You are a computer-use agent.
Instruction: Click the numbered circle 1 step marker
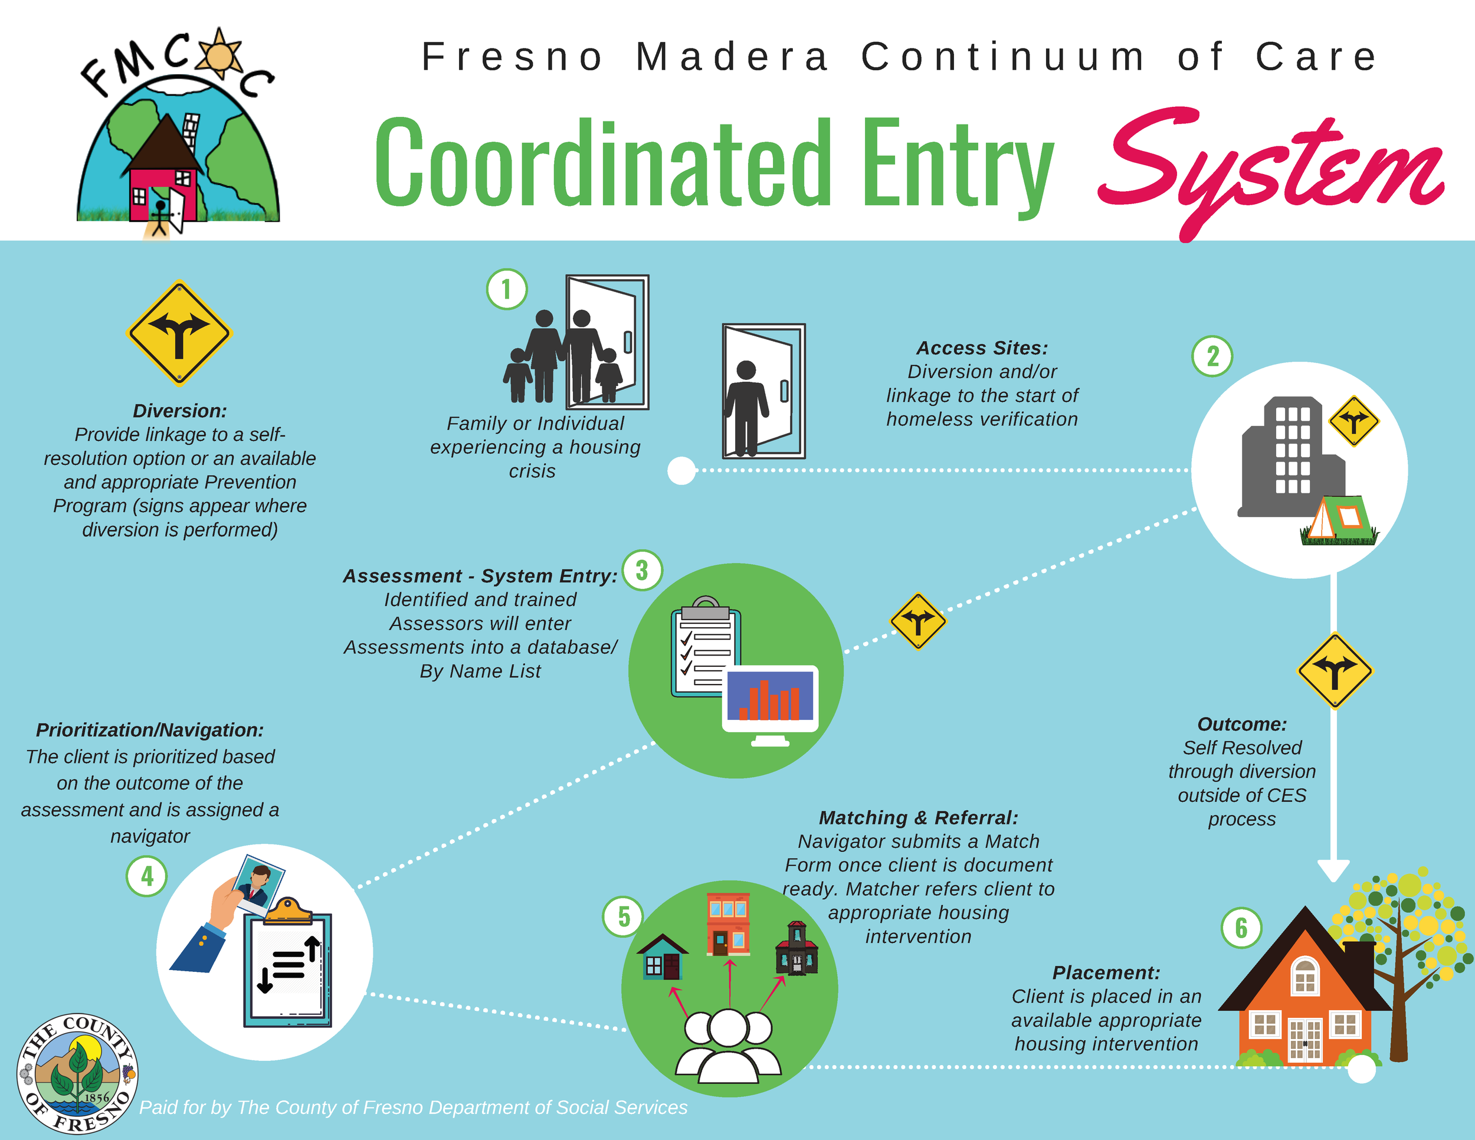(507, 290)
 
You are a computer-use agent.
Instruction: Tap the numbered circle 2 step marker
(1212, 356)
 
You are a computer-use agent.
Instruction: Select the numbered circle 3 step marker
(641, 570)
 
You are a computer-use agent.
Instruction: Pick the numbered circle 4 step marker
(146, 876)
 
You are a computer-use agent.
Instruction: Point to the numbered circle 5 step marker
(622, 916)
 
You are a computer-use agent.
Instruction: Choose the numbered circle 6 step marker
(1241, 928)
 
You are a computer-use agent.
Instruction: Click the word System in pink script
(1270, 169)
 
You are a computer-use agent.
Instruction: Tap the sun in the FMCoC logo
(218, 54)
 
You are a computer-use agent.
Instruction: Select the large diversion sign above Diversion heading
(179, 333)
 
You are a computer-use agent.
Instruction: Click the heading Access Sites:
(982, 348)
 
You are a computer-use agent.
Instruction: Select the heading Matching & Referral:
(919, 818)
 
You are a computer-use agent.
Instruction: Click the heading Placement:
(1106, 972)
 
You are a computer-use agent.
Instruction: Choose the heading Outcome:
(1242, 724)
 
